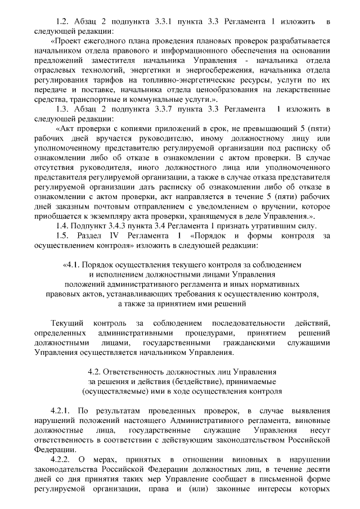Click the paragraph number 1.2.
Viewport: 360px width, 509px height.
click(x=64, y=21)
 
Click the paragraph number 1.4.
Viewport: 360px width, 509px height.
click(x=64, y=227)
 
